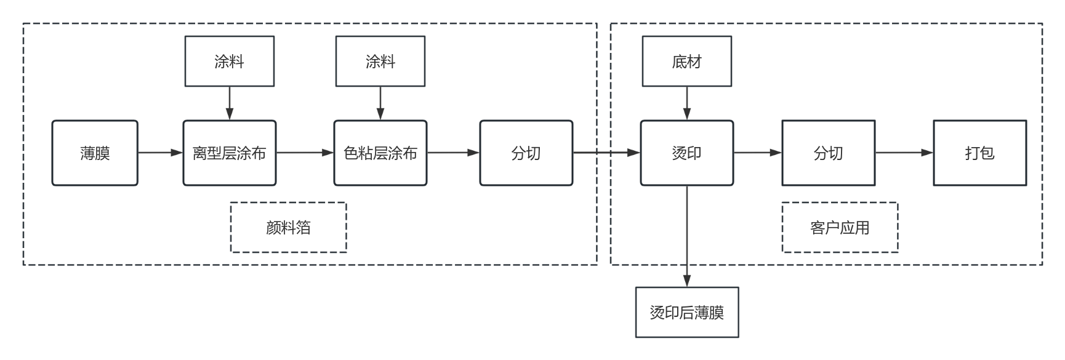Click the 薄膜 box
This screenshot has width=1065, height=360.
(95, 153)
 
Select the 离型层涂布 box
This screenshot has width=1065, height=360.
(229, 153)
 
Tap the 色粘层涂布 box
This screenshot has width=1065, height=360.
(380, 153)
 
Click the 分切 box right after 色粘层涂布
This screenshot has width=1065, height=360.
(526, 153)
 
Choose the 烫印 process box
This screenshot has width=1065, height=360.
(686, 153)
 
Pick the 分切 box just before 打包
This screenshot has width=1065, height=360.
(828, 153)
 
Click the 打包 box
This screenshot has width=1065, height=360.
(979, 153)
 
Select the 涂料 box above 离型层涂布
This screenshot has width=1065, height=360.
(229, 61)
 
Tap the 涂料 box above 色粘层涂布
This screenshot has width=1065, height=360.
(380, 61)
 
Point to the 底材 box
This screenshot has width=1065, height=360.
(686, 61)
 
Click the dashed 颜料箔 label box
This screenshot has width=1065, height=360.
(288, 227)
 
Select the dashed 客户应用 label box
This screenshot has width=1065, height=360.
(840, 227)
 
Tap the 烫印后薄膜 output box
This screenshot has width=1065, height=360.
(686, 312)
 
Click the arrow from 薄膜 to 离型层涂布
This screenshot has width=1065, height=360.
(161, 153)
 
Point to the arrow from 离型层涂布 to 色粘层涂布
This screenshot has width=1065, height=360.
(305, 153)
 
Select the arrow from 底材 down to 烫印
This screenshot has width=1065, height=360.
(686, 103)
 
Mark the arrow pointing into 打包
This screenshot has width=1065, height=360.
(904, 153)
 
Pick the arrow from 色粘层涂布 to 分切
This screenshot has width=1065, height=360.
(453, 153)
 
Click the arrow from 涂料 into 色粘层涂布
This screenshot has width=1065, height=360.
(380, 103)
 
